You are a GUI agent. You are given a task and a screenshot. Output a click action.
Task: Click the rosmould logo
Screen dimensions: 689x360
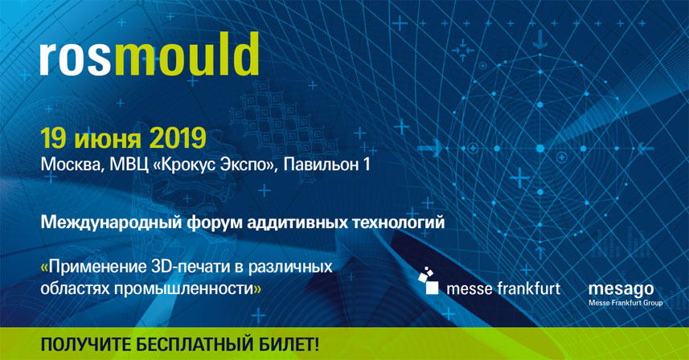(x=150, y=54)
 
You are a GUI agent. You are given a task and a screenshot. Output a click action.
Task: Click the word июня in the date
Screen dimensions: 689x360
(x=108, y=140)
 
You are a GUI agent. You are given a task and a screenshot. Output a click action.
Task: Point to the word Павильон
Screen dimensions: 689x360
(x=320, y=165)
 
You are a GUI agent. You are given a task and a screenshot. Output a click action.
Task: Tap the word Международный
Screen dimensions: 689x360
(x=111, y=223)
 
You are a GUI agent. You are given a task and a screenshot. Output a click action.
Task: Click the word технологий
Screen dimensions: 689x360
(x=399, y=223)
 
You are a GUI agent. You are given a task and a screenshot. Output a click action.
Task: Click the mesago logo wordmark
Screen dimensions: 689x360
(x=621, y=289)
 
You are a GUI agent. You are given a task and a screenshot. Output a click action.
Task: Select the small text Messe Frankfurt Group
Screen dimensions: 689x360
(x=625, y=303)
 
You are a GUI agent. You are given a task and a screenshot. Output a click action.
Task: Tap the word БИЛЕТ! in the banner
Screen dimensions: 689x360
(x=287, y=344)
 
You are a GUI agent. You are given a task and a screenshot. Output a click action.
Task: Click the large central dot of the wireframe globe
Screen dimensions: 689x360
(x=540, y=149)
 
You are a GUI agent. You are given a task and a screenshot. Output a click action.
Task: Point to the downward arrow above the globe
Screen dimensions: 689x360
(x=540, y=39)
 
